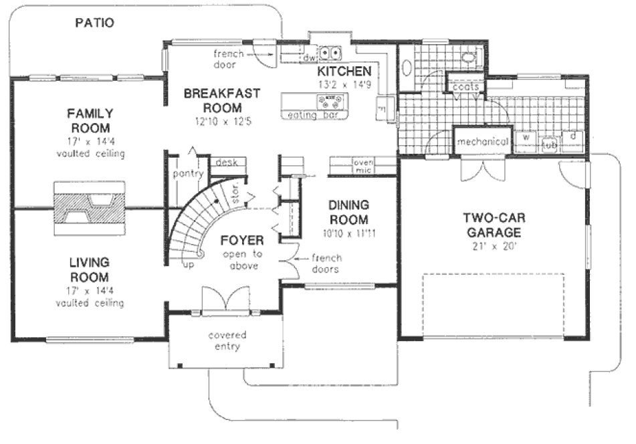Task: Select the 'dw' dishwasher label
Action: pyautogui.click(x=309, y=59)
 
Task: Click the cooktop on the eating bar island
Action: pyautogui.click(x=332, y=101)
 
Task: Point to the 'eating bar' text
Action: pyautogui.click(x=311, y=115)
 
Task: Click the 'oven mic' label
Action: pyautogui.click(x=363, y=166)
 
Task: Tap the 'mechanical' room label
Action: pyautogui.click(x=483, y=142)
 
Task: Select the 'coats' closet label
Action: pyautogui.click(x=465, y=87)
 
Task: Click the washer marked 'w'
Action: pyautogui.click(x=526, y=138)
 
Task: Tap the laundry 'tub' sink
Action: pyautogui.click(x=550, y=144)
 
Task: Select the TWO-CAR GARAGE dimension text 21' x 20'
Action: pyautogui.click(x=494, y=247)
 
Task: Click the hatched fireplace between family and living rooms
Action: pyautogui.click(x=89, y=208)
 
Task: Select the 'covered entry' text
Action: pyautogui.click(x=227, y=340)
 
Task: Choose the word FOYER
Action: pyautogui.click(x=241, y=240)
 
